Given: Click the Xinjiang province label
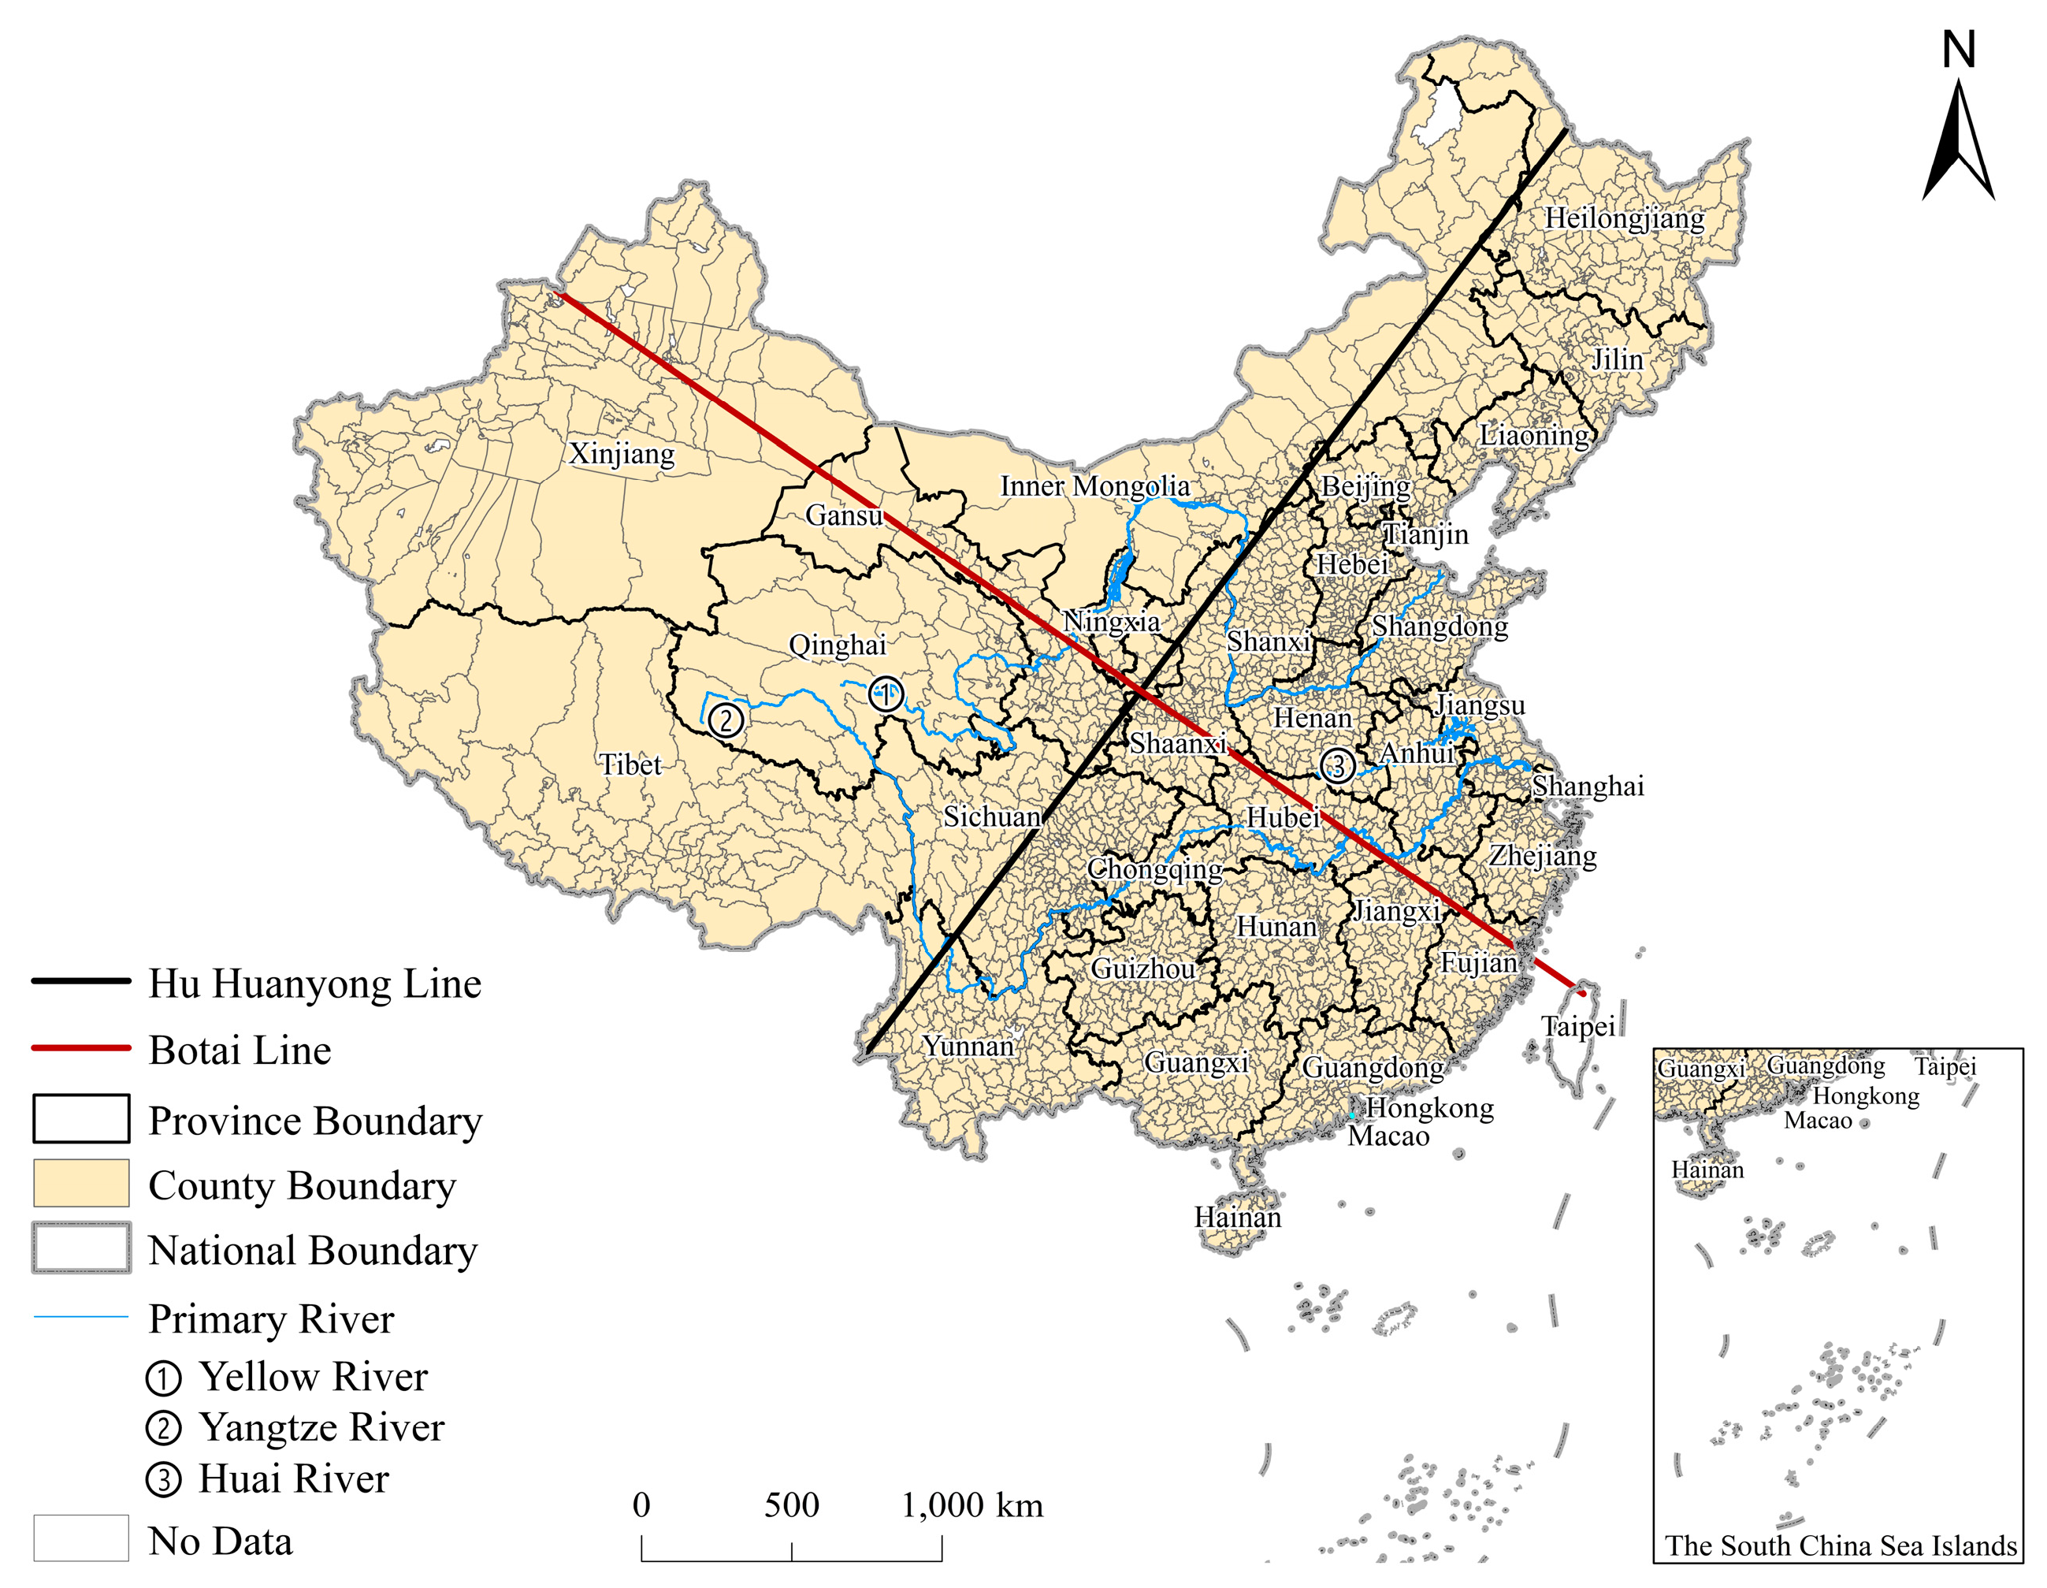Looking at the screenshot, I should [x=622, y=454].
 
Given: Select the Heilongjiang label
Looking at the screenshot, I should [x=1625, y=218].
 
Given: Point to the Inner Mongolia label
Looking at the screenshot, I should [x=1094, y=485].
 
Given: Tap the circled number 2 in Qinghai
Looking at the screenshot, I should [x=726, y=720].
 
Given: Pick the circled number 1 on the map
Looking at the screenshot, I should [x=885, y=694].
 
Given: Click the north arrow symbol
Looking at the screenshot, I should [x=1958, y=140].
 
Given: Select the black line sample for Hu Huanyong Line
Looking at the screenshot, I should [x=80, y=981].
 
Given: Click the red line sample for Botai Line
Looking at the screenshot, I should [x=80, y=1048].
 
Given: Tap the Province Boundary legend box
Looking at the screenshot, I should [x=80, y=1118].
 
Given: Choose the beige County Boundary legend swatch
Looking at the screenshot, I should [x=80, y=1183].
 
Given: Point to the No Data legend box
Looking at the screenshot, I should [x=80, y=1538].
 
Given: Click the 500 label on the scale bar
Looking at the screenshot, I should [x=791, y=1505].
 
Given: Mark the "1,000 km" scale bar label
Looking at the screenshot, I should [x=972, y=1505].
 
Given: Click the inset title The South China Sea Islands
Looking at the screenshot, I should [x=1841, y=1545].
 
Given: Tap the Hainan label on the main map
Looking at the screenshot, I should [x=1237, y=1218].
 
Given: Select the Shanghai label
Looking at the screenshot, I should [x=1588, y=786].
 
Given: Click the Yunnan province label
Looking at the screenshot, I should [x=968, y=1045].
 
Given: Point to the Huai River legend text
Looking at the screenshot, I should [x=293, y=1479].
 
